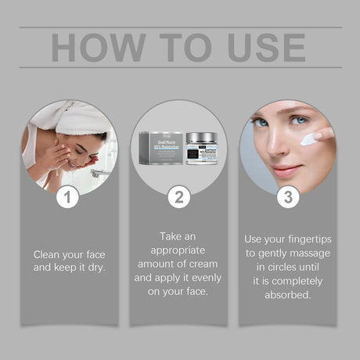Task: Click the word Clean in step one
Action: (x=48, y=254)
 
